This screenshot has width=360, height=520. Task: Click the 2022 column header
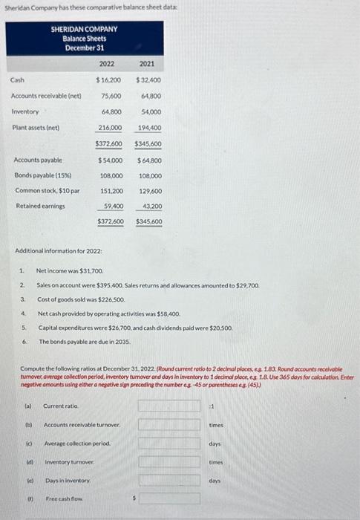point(108,64)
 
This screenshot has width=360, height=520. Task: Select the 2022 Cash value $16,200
point(109,79)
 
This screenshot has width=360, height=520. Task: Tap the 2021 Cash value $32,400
point(148,79)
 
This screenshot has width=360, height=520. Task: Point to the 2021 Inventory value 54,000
point(151,111)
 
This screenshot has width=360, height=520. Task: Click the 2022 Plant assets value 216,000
point(110,128)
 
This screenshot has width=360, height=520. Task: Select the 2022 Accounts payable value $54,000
point(109,160)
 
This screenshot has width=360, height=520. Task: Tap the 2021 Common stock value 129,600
point(149,191)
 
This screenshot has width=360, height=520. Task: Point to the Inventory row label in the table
point(24,111)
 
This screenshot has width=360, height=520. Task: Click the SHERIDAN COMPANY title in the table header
point(84,29)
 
